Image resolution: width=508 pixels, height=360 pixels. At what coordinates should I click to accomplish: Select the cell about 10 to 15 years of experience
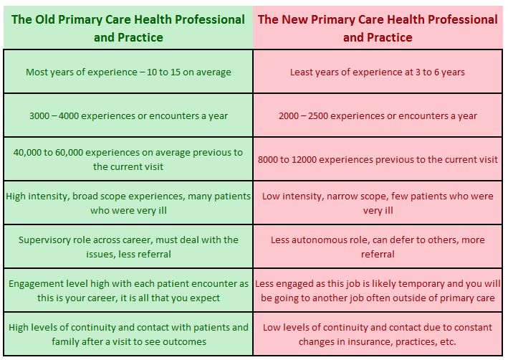pyautogui.click(x=128, y=72)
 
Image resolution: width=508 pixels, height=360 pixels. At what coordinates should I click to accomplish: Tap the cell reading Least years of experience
pyautogui.click(x=378, y=72)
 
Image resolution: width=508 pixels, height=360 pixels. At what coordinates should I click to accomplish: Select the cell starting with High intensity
pyautogui.click(x=128, y=203)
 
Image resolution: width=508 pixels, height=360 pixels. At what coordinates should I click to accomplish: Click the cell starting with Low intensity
pyautogui.click(x=378, y=203)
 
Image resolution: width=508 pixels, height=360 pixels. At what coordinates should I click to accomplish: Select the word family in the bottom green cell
pyautogui.click(x=66, y=341)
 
